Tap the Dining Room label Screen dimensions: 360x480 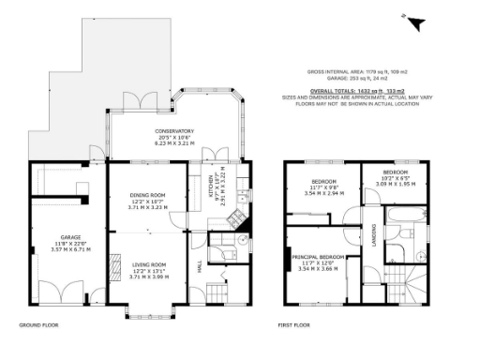point(148,194)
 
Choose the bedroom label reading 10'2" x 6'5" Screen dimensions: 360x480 point(395,172)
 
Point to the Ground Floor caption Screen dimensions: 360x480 point(40,325)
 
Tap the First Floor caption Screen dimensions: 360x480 point(296,325)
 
